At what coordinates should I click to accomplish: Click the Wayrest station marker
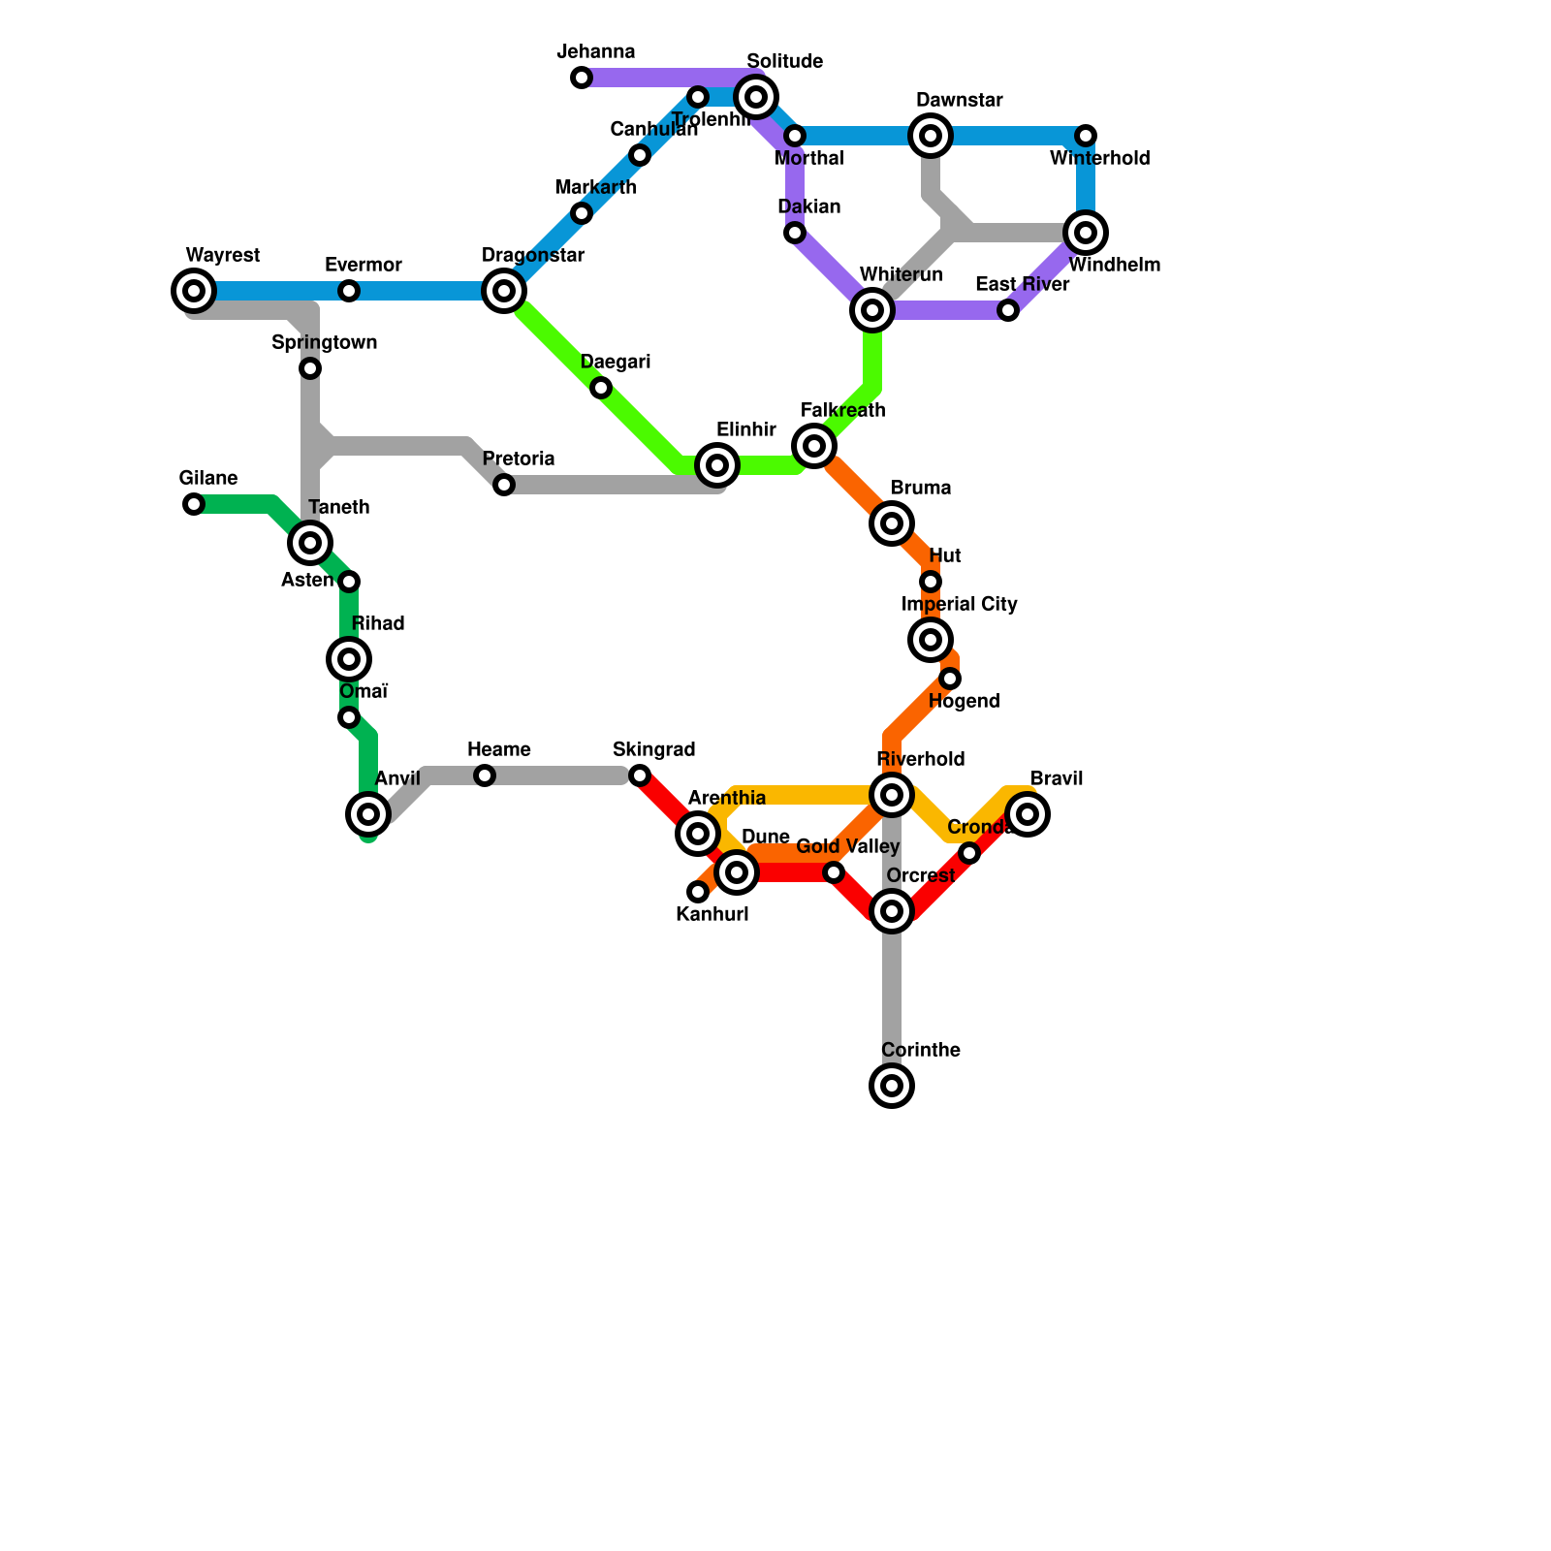click(194, 291)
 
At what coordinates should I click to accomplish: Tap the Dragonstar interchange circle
click(504, 291)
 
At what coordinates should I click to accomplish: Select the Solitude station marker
click(756, 97)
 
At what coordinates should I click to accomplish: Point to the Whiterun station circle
click(872, 310)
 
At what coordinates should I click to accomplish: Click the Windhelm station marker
click(1086, 233)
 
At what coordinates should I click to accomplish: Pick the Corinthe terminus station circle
click(892, 1086)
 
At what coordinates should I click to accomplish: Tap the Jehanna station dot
click(582, 78)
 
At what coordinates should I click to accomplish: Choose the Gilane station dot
click(194, 504)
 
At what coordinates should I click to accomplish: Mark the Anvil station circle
click(368, 814)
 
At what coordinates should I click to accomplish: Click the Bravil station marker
click(1028, 814)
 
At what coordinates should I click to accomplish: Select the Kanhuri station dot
click(698, 892)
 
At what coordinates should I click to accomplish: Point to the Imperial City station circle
click(931, 640)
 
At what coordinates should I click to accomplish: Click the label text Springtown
click(324, 343)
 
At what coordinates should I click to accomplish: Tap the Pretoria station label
click(518, 459)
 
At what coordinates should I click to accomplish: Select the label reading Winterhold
click(1099, 159)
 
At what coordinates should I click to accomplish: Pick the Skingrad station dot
click(640, 775)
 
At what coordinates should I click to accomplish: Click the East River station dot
click(1008, 310)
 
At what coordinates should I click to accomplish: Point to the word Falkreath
click(842, 411)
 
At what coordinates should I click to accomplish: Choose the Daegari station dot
click(601, 388)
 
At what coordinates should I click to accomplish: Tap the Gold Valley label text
click(847, 847)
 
